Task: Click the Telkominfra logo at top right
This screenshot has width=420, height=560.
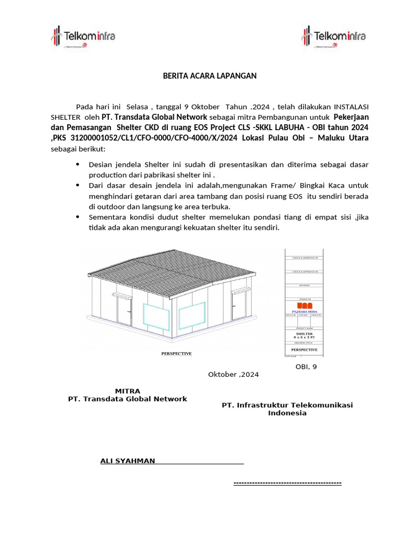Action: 333,37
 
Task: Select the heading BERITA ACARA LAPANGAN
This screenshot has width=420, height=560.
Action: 209,76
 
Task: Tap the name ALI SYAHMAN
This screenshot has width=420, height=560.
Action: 127,460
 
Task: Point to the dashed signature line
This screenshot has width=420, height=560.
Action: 287,483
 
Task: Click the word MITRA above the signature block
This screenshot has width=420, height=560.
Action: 127,390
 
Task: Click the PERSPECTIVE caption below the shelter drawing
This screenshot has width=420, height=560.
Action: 176,353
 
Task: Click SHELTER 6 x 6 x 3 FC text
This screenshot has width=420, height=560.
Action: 304,335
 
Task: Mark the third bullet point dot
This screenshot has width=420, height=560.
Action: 77,217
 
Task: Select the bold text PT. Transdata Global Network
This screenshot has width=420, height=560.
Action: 154,116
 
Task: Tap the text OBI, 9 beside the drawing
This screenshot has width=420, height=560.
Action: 306,366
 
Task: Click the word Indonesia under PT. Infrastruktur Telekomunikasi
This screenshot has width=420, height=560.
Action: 287,413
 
